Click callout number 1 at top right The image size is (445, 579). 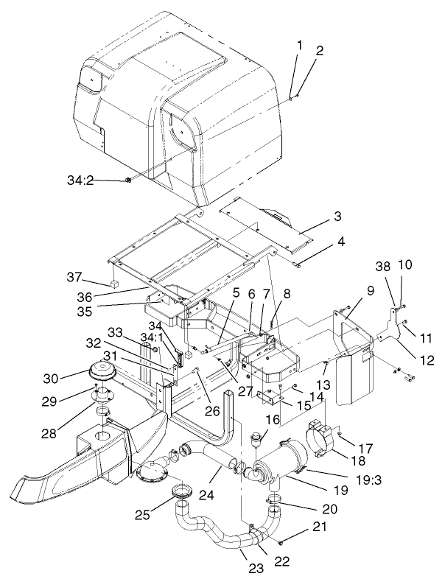299,46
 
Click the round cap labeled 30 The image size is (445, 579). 105,372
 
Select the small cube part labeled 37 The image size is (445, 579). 116,283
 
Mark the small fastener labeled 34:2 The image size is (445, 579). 129,180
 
